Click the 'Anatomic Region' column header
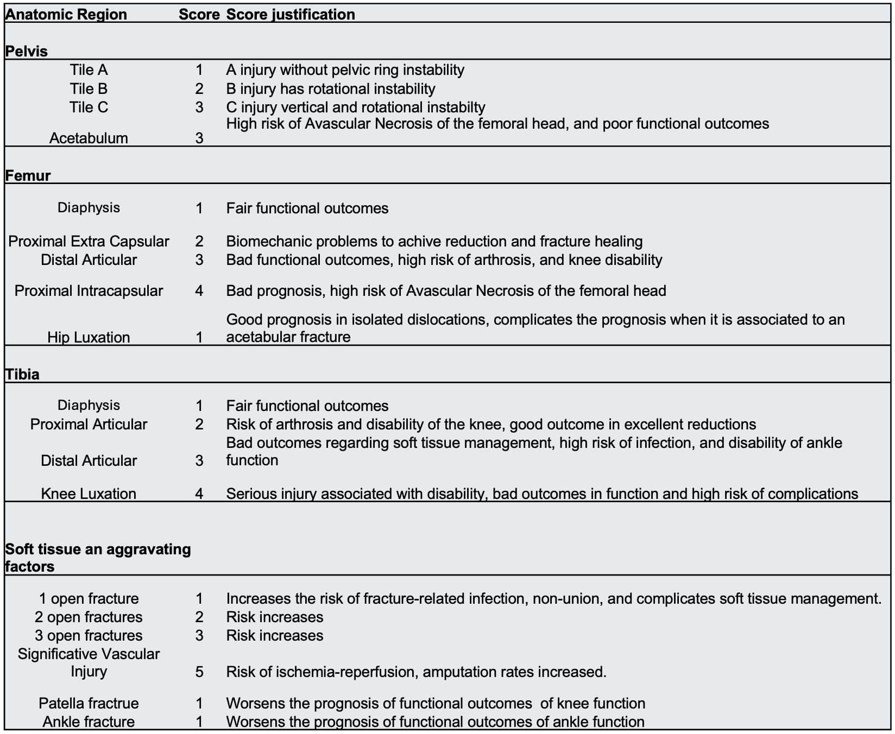pyautogui.click(x=66, y=14)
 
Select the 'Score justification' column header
pyautogui.click(x=291, y=14)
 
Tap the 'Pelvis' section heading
pyautogui.click(x=27, y=51)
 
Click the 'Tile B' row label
pyautogui.click(x=89, y=88)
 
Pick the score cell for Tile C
pyautogui.click(x=199, y=107)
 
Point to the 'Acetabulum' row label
pyautogui.click(x=89, y=138)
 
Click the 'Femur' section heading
pyautogui.click(x=28, y=175)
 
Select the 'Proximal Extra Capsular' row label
pyautogui.click(x=89, y=241)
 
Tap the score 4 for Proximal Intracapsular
pyautogui.click(x=199, y=290)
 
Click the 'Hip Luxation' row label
pyautogui.click(x=89, y=337)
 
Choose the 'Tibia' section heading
pyautogui.click(x=22, y=374)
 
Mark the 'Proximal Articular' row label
pyautogui.click(x=89, y=424)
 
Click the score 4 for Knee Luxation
pyautogui.click(x=199, y=493)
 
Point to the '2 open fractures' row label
pyautogui.click(x=89, y=617)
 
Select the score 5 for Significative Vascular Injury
pyautogui.click(x=199, y=672)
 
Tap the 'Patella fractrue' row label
pyautogui.click(x=89, y=703)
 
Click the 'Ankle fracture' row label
pyautogui.click(x=89, y=722)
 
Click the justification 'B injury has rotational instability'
pyautogui.click(x=330, y=88)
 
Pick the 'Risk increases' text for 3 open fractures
pyautogui.click(x=274, y=635)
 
